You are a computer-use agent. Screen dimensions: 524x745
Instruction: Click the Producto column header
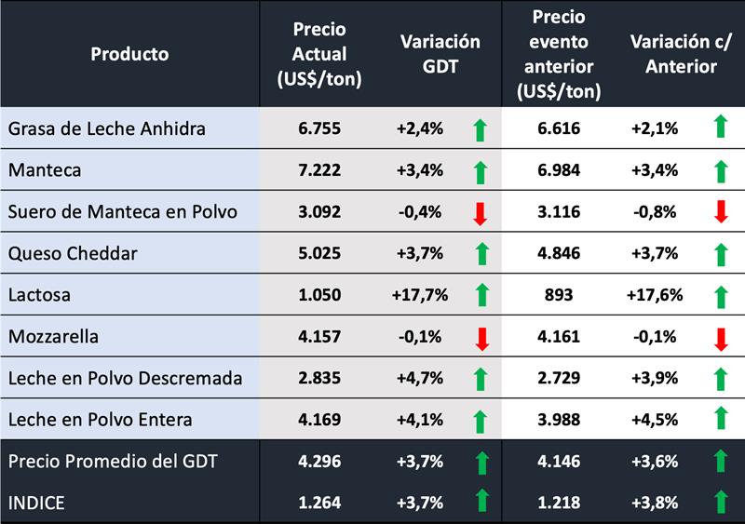point(129,54)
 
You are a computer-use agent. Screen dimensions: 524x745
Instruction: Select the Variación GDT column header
point(440,54)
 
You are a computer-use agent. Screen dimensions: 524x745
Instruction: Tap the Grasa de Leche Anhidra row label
point(107,128)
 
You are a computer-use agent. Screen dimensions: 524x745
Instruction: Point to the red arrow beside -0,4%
point(481,213)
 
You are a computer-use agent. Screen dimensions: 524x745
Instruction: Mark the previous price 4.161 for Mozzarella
point(557,336)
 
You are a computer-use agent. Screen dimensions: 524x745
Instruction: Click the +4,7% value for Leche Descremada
point(416,378)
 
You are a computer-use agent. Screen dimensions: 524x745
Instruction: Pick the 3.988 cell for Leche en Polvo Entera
point(557,420)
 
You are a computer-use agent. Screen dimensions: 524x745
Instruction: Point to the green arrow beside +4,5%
point(720,420)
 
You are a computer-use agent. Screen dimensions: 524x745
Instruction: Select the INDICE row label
point(38,503)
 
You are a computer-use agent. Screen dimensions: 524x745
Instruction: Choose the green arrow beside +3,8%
point(720,503)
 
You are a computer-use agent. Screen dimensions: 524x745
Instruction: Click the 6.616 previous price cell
point(557,128)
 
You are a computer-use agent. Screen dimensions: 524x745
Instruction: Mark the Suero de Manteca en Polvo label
point(123,212)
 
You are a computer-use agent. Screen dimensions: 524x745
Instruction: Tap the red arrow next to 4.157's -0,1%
point(481,337)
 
